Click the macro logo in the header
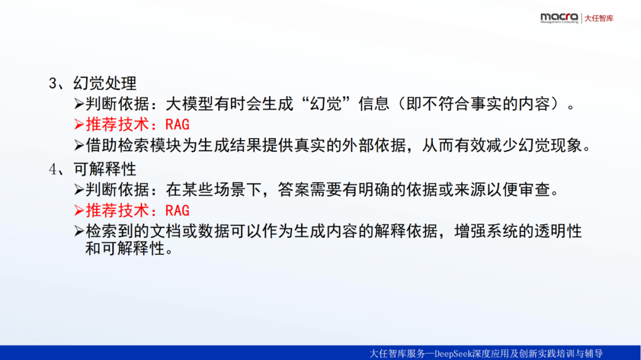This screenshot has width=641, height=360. (x=559, y=18)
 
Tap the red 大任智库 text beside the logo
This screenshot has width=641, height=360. (x=599, y=18)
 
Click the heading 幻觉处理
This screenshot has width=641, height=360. (x=104, y=84)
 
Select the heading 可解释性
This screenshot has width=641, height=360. (x=104, y=169)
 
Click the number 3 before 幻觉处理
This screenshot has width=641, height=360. (x=53, y=84)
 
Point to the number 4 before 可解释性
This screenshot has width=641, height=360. (x=53, y=169)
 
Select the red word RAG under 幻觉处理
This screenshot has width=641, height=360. (x=177, y=124)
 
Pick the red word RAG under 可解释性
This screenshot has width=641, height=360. (x=177, y=211)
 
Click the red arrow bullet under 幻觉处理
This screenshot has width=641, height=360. (x=80, y=124)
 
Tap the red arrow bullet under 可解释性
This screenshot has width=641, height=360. (x=80, y=211)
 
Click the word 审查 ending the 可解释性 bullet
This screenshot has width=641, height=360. (x=535, y=190)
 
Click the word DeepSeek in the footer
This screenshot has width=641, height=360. (x=453, y=353)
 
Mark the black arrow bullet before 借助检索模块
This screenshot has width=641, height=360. (x=80, y=145)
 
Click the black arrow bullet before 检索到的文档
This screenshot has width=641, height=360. (x=80, y=231)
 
